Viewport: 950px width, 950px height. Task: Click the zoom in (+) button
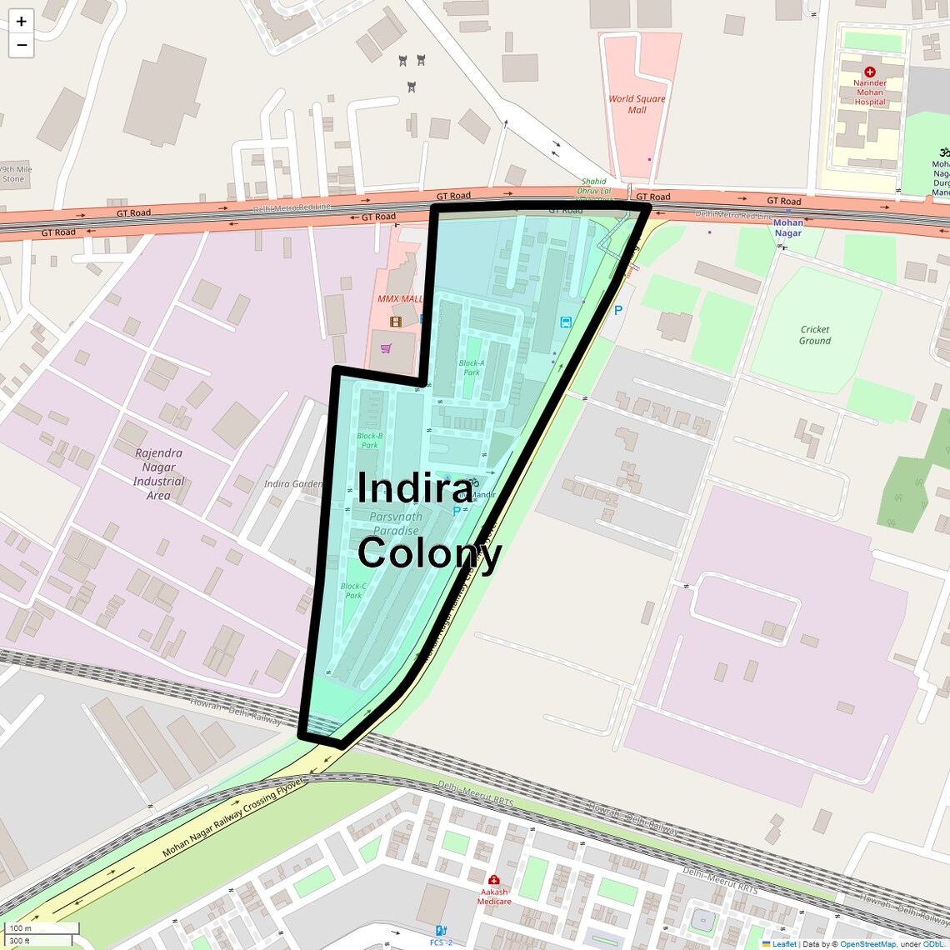click(x=22, y=22)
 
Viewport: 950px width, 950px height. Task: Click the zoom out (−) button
click(x=22, y=45)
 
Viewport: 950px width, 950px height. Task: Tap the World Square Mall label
click(x=637, y=104)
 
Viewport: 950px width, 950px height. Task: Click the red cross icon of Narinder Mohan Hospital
click(x=870, y=72)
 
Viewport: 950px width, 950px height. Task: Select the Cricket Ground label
click(x=814, y=335)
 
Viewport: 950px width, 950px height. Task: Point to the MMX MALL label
click(x=400, y=299)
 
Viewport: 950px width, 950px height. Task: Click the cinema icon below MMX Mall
click(x=396, y=322)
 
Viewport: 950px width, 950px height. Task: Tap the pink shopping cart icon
click(x=386, y=348)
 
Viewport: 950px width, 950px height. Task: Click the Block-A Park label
click(x=471, y=367)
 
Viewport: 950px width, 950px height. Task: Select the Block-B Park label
click(x=369, y=440)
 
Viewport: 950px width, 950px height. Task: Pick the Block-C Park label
click(x=353, y=590)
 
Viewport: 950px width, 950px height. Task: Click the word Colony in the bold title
click(x=429, y=552)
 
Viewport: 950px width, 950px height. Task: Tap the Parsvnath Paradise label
click(x=396, y=523)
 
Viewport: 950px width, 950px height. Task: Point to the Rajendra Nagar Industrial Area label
click(x=158, y=474)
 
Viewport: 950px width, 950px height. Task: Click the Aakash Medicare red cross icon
click(x=493, y=880)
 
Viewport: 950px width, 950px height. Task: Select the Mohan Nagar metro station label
click(x=787, y=227)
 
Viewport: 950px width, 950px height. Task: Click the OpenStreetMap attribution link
click(x=867, y=944)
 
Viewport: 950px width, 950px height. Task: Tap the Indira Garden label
click(x=293, y=483)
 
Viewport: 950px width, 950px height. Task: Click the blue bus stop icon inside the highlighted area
click(x=566, y=322)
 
